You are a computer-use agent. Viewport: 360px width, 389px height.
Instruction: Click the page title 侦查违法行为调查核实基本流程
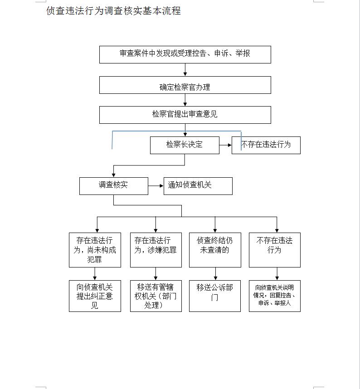click(113, 11)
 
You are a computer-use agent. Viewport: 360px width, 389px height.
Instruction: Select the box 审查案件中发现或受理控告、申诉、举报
click(185, 54)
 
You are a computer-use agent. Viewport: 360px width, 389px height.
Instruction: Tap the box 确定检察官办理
click(185, 85)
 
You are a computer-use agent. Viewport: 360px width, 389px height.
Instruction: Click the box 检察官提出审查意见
click(185, 115)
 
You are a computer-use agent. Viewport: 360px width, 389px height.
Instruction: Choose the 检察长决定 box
click(185, 145)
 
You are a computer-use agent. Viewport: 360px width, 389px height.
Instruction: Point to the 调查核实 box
click(113, 185)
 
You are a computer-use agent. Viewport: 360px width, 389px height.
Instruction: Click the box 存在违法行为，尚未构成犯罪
click(95, 250)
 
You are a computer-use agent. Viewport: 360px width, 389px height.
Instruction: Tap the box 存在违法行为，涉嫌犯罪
click(156, 250)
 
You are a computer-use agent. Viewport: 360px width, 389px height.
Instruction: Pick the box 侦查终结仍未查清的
click(215, 250)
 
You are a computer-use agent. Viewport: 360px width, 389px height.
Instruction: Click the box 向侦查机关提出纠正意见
click(95, 296)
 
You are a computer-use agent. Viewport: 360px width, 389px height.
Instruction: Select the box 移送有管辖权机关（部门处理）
click(156, 296)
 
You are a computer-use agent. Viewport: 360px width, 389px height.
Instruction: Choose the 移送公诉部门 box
click(215, 296)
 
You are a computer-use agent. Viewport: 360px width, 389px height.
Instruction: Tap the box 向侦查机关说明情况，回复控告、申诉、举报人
click(274, 296)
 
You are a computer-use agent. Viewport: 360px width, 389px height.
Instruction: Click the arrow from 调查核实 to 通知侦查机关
click(156, 186)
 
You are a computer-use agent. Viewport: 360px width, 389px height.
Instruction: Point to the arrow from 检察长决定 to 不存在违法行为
click(225, 145)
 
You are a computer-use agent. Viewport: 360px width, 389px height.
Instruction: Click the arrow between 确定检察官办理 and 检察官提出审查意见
click(185, 100)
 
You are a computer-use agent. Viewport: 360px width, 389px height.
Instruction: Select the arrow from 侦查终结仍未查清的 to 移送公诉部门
click(215, 274)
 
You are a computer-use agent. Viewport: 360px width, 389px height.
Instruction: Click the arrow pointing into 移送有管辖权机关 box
click(156, 274)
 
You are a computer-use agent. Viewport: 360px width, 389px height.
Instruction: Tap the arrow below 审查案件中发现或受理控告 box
click(185, 70)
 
